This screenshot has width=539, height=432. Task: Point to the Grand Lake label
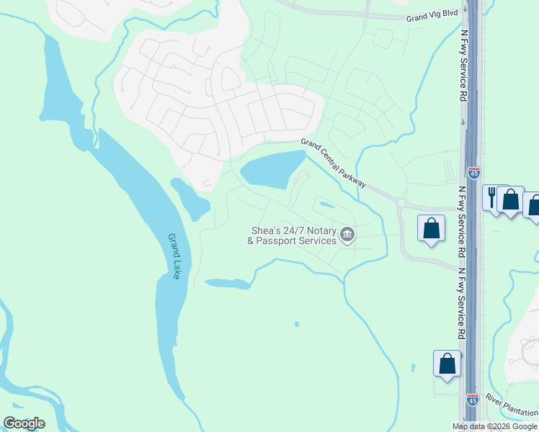tap(173, 256)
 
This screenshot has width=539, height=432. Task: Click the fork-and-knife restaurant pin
tap(494, 197)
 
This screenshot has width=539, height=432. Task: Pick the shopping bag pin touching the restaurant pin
tap(511, 199)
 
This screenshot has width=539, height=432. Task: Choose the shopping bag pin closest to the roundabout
tap(431, 228)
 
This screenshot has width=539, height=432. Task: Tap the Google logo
tap(23, 423)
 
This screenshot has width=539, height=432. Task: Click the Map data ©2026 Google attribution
tap(495, 426)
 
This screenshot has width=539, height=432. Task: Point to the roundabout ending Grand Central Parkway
tap(401, 204)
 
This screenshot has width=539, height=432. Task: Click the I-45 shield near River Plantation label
tap(472, 398)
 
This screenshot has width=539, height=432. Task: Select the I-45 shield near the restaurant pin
tap(473, 172)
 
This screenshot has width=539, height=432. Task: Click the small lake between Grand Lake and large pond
tap(191, 199)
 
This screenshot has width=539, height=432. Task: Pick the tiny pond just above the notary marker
tap(326, 205)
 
